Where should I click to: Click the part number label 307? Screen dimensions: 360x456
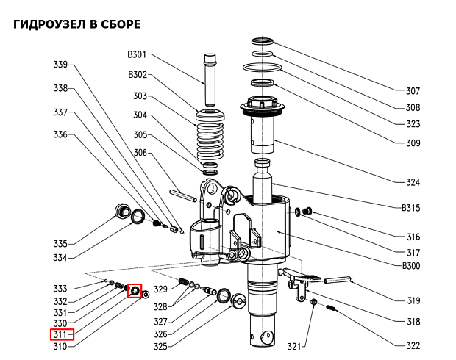click(413, 91)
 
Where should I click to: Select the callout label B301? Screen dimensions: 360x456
click(138, 54)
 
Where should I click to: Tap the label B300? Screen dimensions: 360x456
click(410, 266)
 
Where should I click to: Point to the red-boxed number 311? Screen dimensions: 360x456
click(60, 335)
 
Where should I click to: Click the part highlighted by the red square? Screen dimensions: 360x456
click(135, 291)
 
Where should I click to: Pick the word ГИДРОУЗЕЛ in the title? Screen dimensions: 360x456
click(50, 25)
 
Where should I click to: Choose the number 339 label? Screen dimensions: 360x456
click(60, 65)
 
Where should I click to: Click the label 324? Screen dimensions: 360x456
click(413, 182)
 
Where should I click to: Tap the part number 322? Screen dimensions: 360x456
click(413, 345)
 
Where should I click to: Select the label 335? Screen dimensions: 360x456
click(60, 244)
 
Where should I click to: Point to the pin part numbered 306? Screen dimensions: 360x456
click(183, 195)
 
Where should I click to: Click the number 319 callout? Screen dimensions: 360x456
click(413, 300)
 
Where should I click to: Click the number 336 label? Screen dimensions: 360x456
click(60, 134)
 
